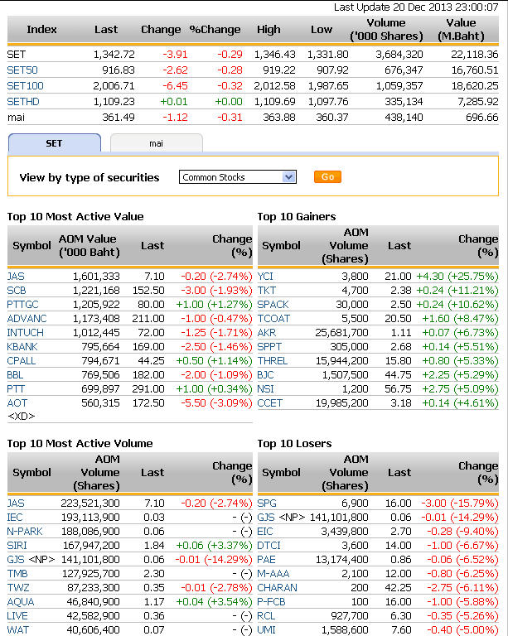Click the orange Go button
(x=327, y=177)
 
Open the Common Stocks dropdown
(x=237, y=177)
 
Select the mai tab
(x=156, y=143)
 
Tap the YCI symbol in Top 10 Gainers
(x=265, y=276)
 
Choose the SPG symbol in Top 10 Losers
(x=267, y=503)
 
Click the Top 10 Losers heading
(x=294, y=444)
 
